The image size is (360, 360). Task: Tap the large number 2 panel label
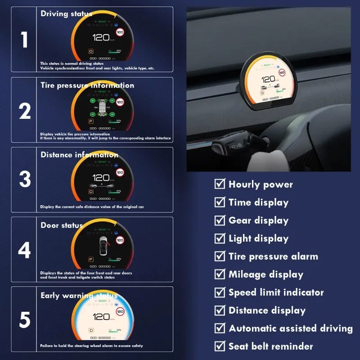(24, 110)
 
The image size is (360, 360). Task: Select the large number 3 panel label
(24, 180)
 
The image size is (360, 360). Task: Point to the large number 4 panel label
(24, 250)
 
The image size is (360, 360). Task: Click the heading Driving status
(66, 13)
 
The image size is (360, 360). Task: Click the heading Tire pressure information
(87, 85)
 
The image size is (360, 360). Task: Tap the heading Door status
(62, 225)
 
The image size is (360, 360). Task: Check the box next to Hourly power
(220, 184)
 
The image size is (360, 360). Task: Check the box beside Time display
(220, 202)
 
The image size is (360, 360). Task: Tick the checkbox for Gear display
(220, 220)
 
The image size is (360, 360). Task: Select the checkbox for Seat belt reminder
(220, 346)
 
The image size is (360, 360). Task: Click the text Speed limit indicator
(276, 292)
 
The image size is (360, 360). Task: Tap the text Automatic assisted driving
(290, 328)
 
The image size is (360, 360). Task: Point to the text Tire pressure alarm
(273, 256)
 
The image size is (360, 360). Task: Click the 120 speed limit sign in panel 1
(120, 32)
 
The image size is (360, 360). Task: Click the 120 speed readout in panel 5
(101, 317)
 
